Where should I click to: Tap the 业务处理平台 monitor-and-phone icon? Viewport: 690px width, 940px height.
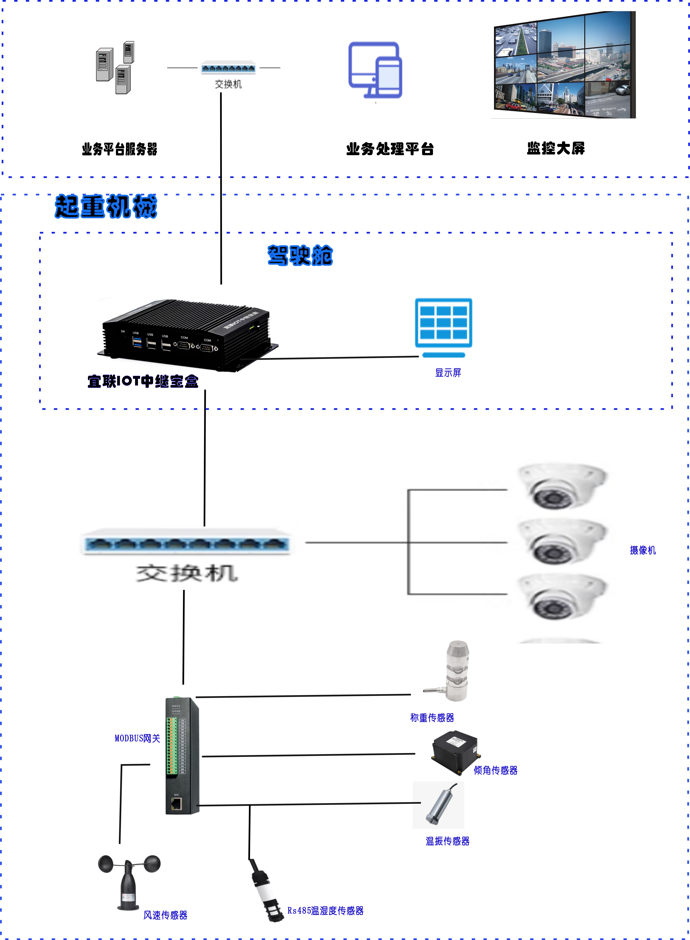(x=375, y=70)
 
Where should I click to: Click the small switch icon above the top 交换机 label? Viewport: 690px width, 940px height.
(x=228, y=68)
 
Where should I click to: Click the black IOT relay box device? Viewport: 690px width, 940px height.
(x=188, y=334)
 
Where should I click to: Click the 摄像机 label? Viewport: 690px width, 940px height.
(x=642, y=550)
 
